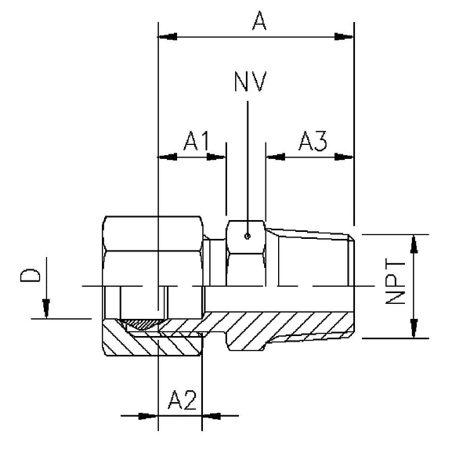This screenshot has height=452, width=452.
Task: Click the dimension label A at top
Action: point(259,21)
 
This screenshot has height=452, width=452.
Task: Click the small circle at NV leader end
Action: point(247,234)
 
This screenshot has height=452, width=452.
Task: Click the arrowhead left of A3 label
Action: point(274,156)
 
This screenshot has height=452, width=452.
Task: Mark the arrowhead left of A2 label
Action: point(149,415)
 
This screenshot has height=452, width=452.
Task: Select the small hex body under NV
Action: point(247,251)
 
